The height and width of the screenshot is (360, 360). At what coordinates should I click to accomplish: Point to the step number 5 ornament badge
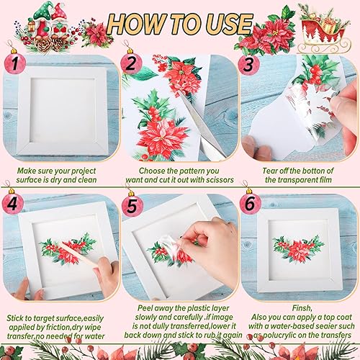pyautogui.click(x=131, y=206)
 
